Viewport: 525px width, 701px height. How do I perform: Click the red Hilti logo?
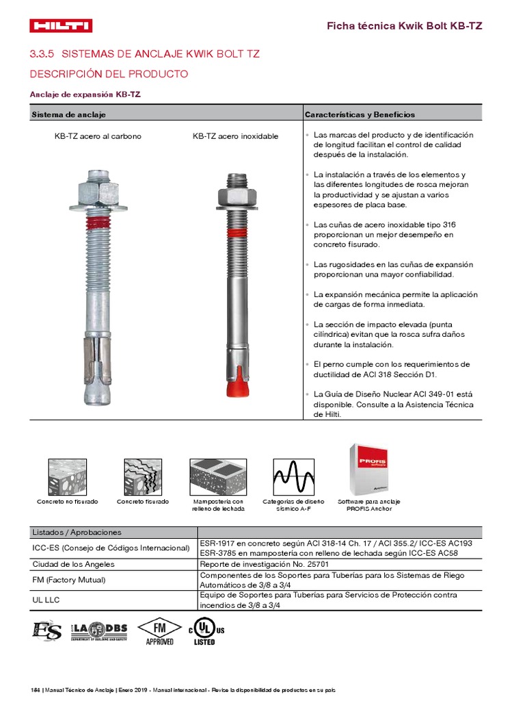tap(61, 26)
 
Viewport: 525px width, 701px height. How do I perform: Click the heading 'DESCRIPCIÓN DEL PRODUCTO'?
tap(109, 73)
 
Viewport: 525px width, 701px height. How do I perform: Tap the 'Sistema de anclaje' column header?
tap(68, 114)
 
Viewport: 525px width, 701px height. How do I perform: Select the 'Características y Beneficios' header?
tap(360, 114)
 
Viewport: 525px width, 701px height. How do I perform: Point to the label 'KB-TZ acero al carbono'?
tap(98, 136)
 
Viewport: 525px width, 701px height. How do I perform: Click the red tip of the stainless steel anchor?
tap(235, 385)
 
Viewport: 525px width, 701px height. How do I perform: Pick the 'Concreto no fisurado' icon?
tap(67, 477)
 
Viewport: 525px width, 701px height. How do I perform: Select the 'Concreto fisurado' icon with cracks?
tap(142, 477)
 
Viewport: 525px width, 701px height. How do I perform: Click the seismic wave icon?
tap(293, 477)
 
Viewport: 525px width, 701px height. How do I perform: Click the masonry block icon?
tap(217, 477)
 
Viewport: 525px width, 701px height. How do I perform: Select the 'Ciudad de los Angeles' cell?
tap(74, 564)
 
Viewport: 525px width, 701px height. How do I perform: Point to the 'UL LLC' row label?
tap(46, 600)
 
